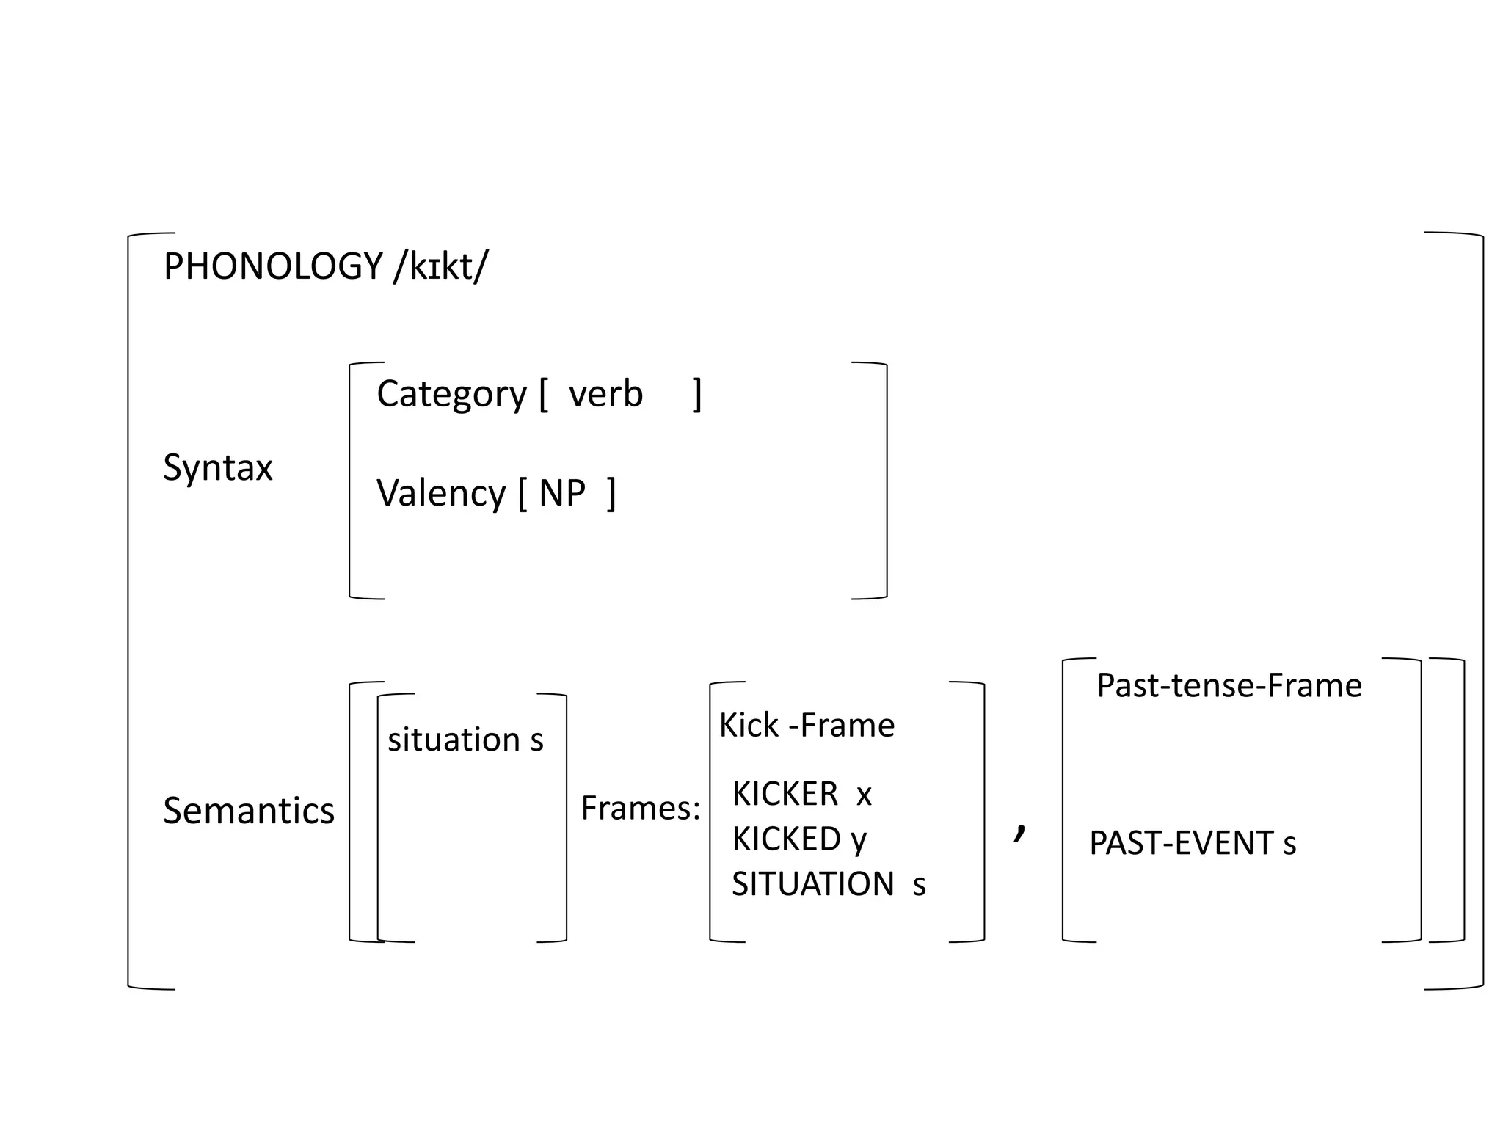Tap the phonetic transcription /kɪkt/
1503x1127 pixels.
pos(440,266)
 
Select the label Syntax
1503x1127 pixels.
pos(217,467)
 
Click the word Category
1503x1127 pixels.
pos(451,395)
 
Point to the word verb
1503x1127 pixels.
pos(605,394)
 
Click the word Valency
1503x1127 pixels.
pos(440,493)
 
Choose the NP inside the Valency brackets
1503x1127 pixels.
pos(562,493)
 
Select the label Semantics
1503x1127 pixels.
pos(248,811)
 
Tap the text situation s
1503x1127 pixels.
pos(465,740)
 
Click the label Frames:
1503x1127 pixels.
pos(640,808)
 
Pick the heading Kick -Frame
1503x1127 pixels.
pos(807,726)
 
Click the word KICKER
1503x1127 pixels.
pos(785,794)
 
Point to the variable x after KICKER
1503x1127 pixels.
pos(864,796)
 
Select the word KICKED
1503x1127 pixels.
pos(786,839)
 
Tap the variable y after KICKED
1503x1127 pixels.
pos(859,841)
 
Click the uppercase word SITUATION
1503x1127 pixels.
pos(812,884)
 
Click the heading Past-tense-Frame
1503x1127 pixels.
pos(1229,686)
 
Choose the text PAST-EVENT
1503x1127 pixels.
pos(1180,843)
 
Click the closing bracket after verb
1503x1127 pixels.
pos(697,395)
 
